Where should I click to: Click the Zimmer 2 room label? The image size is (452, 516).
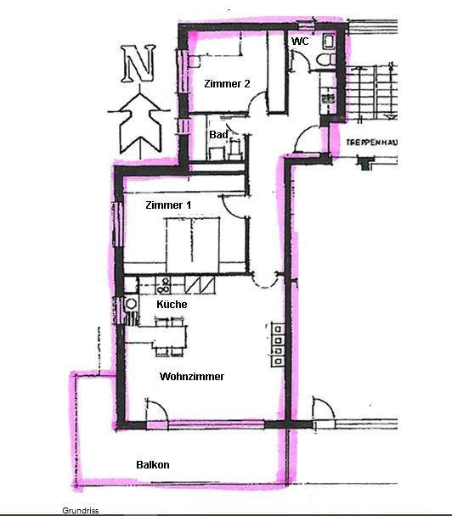pos(227,83)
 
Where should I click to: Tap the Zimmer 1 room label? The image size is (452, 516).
pos(168,205)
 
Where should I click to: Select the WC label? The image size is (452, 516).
pos(300,41)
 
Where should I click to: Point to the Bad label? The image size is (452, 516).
pos(218,135)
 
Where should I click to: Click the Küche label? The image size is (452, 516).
pos(172,304)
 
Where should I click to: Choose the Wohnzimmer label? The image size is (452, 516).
pos(192,376)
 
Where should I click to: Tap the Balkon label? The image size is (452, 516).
pos(153,465)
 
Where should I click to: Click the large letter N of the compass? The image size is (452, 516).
pos(138,64)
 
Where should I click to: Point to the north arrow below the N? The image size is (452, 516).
pos(140,121)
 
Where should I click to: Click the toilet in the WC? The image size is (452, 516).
pos(325,59)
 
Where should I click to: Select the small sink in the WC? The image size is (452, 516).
pos(329,41)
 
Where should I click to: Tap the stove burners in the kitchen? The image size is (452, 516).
pos(163,285)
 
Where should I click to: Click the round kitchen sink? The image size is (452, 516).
pos(132,304)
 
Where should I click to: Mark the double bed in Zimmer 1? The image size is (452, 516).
pos(193,244)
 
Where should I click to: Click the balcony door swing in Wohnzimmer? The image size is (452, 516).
pos(157,410)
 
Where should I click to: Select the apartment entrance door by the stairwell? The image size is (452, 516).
pos(307,139)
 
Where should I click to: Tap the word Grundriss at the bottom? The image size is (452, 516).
pos(81,511)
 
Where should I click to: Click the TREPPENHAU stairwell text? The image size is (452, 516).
pos(371,143)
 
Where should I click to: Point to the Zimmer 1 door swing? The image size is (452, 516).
pos(233,206)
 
